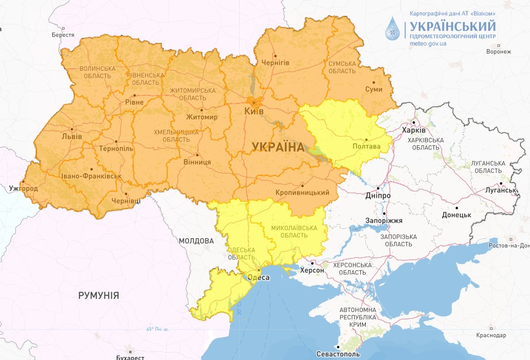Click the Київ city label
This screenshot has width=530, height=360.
click(255, 111)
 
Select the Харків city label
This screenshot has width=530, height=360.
click(413, 130)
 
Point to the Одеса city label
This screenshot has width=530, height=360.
click(258, 278)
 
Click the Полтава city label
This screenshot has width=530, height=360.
click(366, 146)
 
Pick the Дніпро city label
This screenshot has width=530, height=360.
click(378, 195)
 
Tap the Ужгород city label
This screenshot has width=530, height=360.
click(23, 188)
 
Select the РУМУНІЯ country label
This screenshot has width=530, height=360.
click(98, 296)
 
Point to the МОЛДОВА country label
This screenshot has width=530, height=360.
click(196, 241)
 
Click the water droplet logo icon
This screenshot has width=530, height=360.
click(392, 29)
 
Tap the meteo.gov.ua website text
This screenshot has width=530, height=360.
click(429, 44)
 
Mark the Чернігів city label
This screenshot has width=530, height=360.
click(275, 63)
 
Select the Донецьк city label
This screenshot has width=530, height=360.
click(456, 215)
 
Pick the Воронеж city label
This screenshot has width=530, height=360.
click(498, 51)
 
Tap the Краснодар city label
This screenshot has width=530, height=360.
click(491, 335)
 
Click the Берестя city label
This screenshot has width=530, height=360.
click(63, 35)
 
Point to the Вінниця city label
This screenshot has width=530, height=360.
click(197, 162)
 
